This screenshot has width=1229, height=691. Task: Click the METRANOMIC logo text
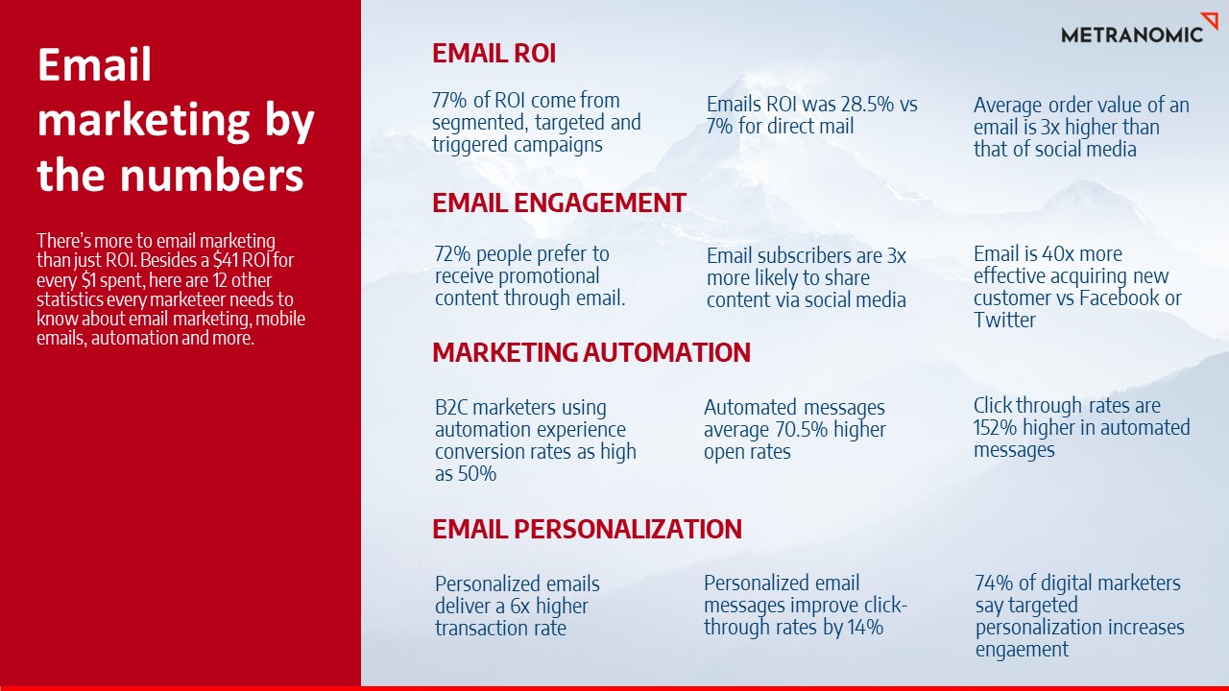pos(1131,35)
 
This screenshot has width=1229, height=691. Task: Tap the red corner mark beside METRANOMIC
pos(1210,21)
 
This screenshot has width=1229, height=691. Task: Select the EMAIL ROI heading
pos(494,54)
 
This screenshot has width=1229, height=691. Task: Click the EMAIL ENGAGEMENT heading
pos(559,203)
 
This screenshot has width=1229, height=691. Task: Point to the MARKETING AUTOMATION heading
pos(590,352)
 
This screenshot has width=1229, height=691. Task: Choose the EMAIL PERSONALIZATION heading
pos(587,529)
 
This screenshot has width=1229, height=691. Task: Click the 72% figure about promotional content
pos(452,254)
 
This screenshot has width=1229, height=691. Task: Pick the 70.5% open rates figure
pos(797,430)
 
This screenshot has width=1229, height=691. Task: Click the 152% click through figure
pos(996,428)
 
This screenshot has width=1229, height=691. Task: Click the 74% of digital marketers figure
pos(993,584)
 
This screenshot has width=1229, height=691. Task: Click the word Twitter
pos(1004,321)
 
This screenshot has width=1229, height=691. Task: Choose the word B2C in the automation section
pos(452,408)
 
